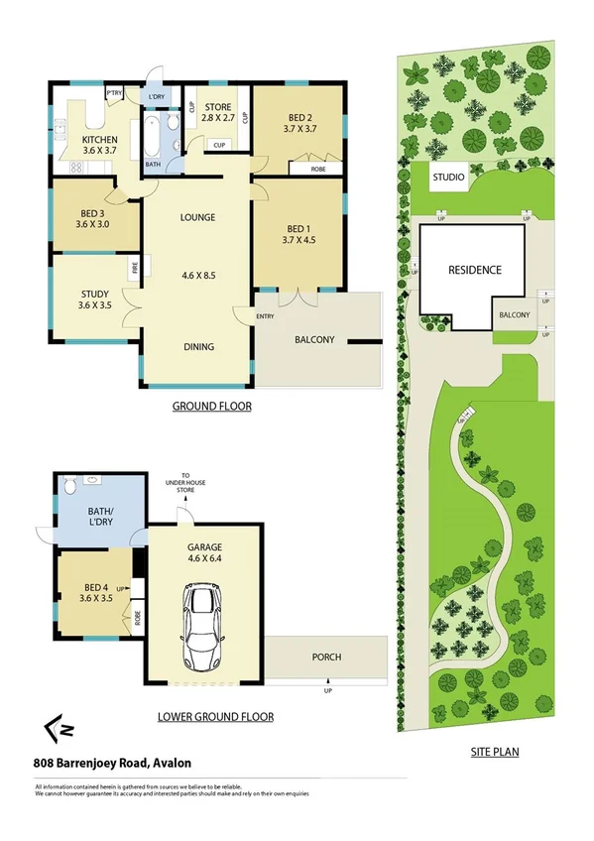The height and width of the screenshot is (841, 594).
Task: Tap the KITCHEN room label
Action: pyautogui.click(x=100, y=147)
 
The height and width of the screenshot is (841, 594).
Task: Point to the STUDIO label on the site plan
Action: pyautogui.click(x=448, y=179)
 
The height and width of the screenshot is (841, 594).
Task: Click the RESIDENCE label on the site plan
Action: pyautogui.click(x=475, y=270)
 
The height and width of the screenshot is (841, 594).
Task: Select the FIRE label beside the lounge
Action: pyautogui.click(x=133, y=267)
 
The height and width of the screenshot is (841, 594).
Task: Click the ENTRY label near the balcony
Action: pyautogui.click(x=265, y=316)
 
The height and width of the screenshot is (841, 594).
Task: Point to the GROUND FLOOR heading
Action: pyautogui.click(x=211, y=407)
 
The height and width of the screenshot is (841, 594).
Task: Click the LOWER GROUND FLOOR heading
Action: pyautogui.click(x=215, y=716)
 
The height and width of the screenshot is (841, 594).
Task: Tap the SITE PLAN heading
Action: pyautogui.click(x=494, y=752)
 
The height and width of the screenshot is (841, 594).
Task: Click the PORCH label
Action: pyautogui.click(x=326, y=656)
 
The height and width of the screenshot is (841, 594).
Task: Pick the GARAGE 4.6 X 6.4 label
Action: pyautogui.click(x=205, y=552)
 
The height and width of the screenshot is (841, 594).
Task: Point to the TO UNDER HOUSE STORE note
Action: pyautogui.click(x=179, y=483)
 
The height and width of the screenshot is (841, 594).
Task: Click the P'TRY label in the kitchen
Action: pyautogui.click(x=115, y=93)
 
